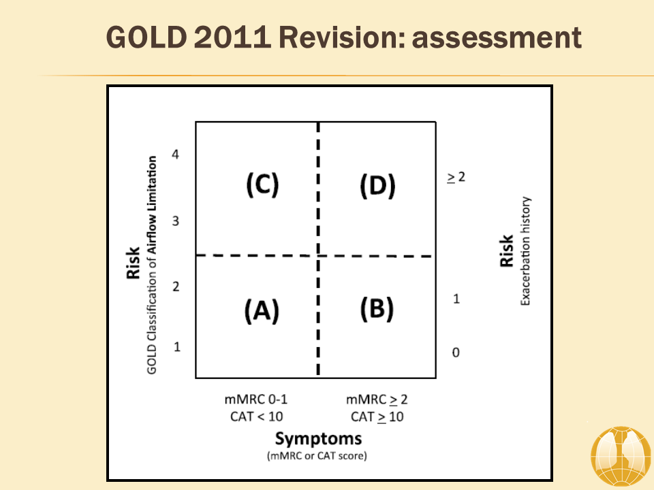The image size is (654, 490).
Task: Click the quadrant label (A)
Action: coord(262,311)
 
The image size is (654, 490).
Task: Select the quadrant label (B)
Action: coord(377,309)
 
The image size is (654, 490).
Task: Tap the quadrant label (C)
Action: coord(262,184)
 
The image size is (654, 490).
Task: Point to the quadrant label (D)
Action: coord(377,186)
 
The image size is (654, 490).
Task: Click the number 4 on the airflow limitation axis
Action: coord(175,154)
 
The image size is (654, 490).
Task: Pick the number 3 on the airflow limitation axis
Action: coord(176,220)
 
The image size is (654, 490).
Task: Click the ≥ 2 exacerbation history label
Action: coord(456,177)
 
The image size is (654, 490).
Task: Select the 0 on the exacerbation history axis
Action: coord(456,353)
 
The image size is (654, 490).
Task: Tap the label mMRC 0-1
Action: coord(255,399)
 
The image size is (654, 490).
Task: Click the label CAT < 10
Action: coord(257,416)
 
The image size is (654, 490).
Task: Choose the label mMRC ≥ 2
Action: coord(377,399)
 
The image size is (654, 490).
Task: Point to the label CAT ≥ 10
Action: coord(377,416)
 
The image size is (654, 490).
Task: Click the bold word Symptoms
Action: coord(318,439)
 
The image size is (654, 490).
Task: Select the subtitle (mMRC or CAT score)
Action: coord(317,456)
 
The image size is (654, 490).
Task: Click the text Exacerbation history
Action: coord(525,251)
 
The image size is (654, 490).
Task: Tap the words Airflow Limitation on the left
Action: coord(152,205)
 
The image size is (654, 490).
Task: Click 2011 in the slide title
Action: coord(233,37)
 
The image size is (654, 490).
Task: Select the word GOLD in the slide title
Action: coord(146,37)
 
